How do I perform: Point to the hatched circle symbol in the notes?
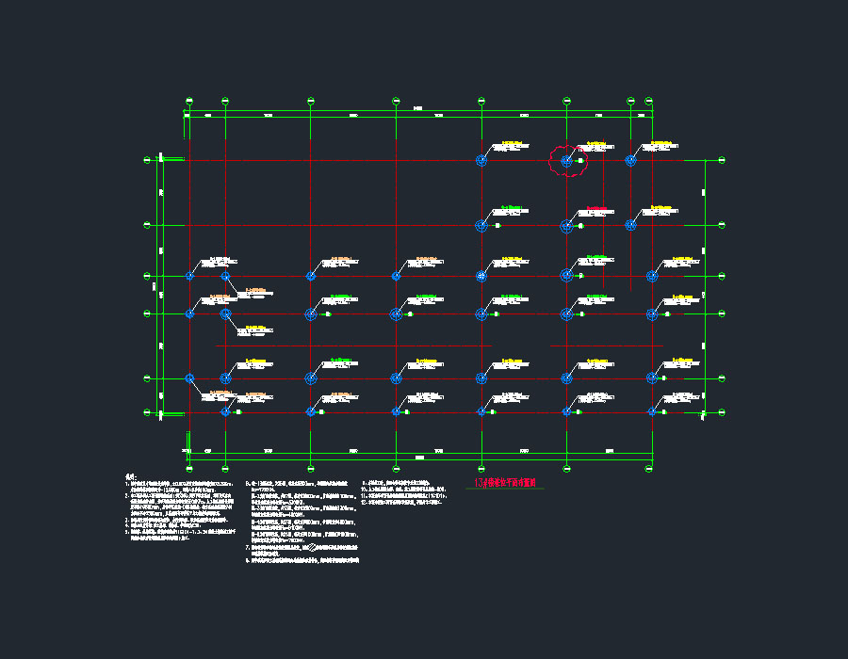point(326,545)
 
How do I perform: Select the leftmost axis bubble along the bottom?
point(189,468)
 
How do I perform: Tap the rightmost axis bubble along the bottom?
point(651,468)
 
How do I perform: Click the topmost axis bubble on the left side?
point(146,160)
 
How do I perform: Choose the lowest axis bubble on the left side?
point(146,412)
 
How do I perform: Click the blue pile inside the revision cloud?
point(566,161)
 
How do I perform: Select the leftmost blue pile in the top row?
point(481,161)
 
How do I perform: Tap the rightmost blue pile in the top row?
point(630,161)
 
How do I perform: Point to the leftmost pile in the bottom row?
point(225,411)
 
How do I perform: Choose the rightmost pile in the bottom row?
point(652,411)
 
